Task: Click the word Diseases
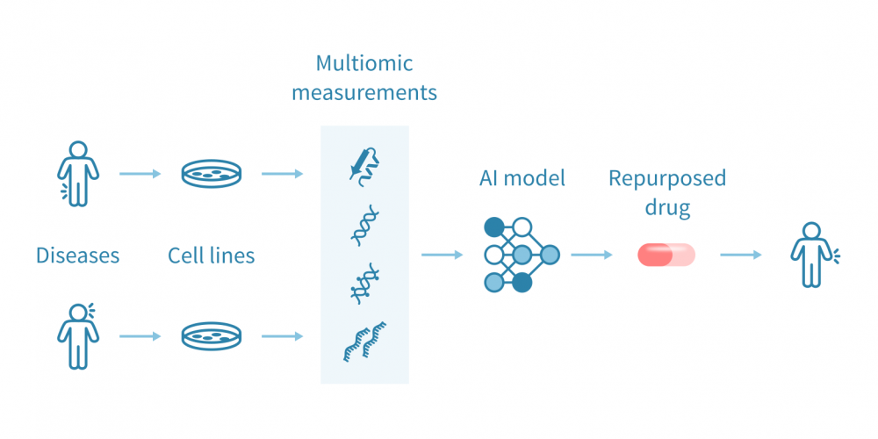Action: (77, 255)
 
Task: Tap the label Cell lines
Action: (212, 255)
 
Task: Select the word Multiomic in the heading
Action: (364, 63)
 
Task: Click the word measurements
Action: (364, 92)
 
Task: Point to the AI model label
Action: (522, 178)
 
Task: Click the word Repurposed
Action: (667, 178)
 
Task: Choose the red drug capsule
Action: (666, 255)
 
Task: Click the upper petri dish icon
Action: (212, 174)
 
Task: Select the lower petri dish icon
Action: (212, 336)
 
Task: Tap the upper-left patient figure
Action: (78, 173)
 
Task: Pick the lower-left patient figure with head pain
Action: (79, 335)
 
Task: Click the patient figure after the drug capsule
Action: (812, 255)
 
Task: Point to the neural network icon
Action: (521, 255)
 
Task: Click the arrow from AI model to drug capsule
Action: (593, 255)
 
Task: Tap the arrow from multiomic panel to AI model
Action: (443, 255)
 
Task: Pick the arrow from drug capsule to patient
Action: (742, 255)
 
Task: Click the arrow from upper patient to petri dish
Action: (140, 174)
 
